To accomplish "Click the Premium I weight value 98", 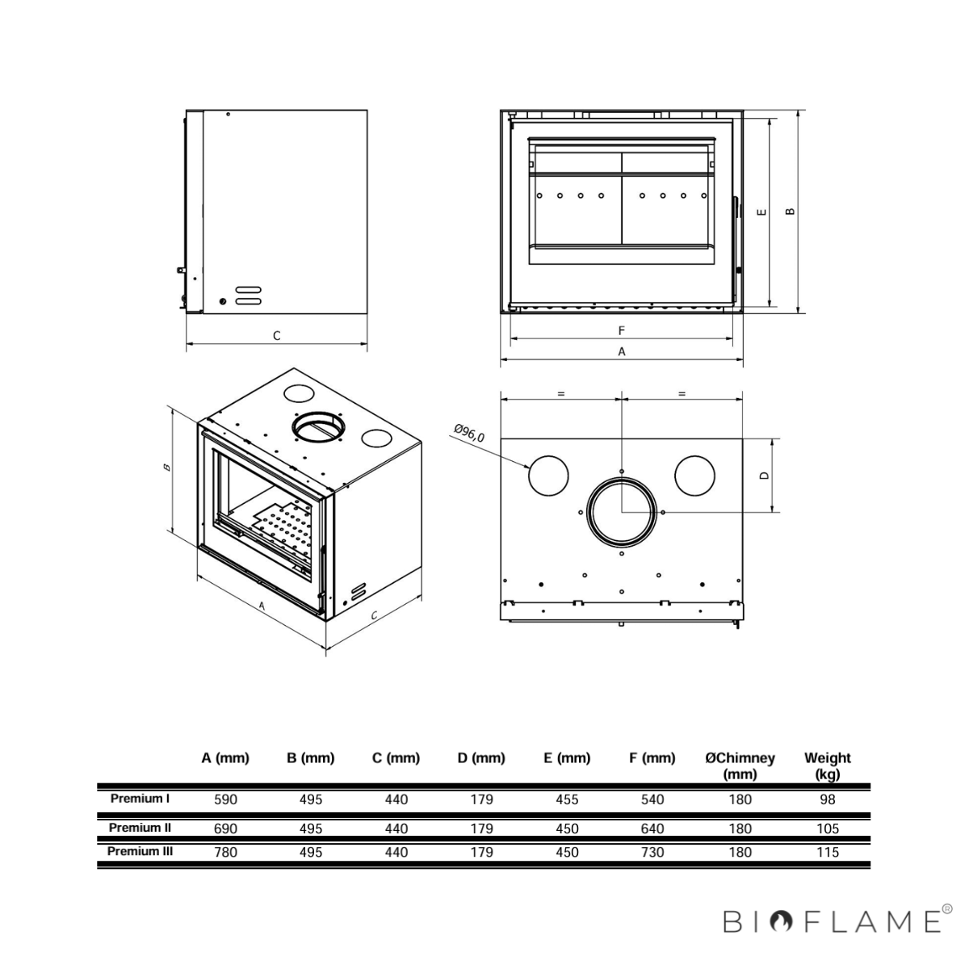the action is (x=827, y=799).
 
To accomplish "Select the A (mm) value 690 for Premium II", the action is (x=225, y=828).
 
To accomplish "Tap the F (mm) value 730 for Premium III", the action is (x=652, y=853).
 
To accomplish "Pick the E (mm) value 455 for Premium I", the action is (x=567, y=799).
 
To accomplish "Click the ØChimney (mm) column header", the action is (x=740, y=766).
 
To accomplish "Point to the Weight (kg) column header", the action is (x=827, y=766).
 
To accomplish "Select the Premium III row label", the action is (x=140, y=851).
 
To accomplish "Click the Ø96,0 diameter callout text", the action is (x=469, y=434).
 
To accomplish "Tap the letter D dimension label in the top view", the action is (x=765, y=475).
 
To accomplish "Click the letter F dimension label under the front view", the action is (x=622, y=330).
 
